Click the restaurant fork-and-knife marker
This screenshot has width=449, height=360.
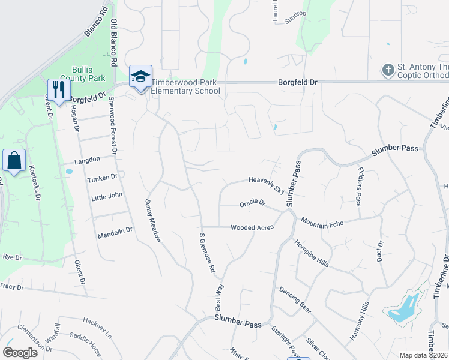tap(59, 89)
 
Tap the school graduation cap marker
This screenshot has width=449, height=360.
tap(140, 76)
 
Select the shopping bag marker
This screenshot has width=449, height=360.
tap(14, 160)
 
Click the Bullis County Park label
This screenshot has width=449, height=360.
tap(88, 74)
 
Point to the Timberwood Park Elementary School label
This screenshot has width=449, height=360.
tap(185, 86)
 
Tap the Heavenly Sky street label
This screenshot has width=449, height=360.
tap(267, 184)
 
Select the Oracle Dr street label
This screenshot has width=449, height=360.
tap(252, 203)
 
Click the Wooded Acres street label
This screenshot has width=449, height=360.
tap(252, 227)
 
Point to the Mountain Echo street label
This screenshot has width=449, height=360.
tap(322, 223)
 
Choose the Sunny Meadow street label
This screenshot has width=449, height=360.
tap(153, 220)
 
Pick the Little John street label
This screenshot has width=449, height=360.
tap(106, 196)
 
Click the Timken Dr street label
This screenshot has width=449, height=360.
tap(102, 178)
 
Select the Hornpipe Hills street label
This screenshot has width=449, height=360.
tap(311, 254)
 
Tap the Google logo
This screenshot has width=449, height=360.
tap(20, 353)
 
